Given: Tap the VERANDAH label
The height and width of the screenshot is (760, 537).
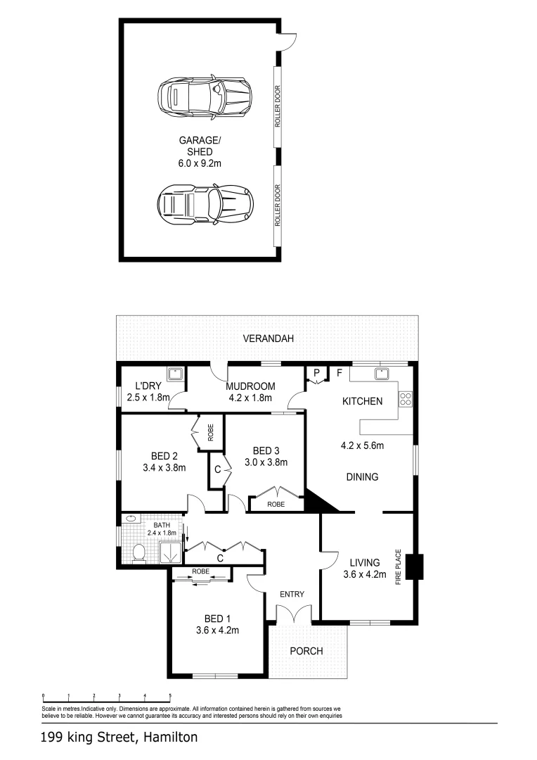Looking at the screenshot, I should coord(268,338).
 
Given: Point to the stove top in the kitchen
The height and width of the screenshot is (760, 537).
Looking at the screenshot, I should coord(406,399).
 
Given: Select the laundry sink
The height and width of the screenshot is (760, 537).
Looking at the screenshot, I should coord(174,373).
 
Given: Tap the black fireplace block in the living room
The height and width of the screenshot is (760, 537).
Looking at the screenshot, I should coord(415,566).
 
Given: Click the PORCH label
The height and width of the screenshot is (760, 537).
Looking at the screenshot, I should coord(306,651).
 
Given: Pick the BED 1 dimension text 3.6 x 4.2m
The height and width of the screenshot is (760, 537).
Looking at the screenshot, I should coord(218,631).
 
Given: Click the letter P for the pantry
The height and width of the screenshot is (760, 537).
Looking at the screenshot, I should coord(317,372).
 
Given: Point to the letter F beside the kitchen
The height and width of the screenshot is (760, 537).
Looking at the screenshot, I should coord(339,372).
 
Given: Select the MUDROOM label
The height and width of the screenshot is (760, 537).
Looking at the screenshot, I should coord(250,386).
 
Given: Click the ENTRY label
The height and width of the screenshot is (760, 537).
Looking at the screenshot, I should coord(292,595).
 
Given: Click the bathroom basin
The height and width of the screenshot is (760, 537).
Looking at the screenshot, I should coord(130,519).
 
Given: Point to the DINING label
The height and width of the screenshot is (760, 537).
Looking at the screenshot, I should coord(363,477).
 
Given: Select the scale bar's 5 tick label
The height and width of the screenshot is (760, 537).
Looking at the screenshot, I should coord(170,695).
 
